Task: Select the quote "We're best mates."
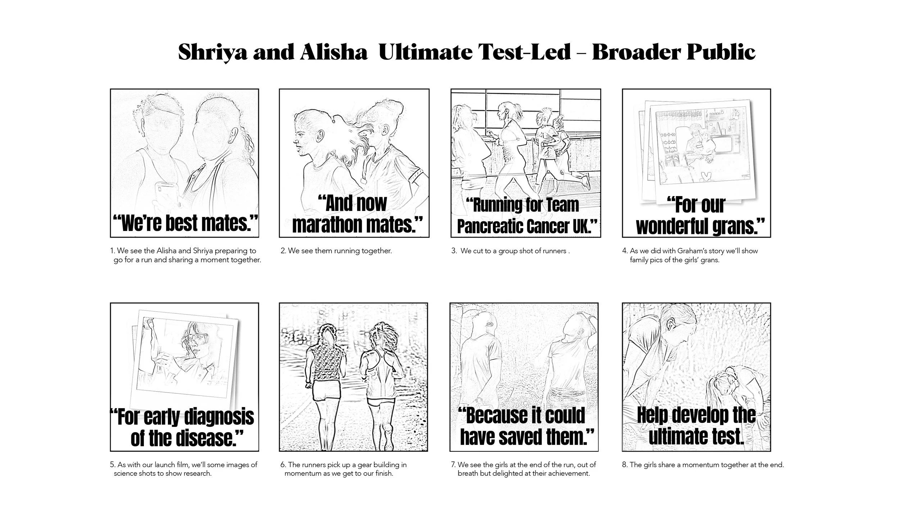coord(186,223)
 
